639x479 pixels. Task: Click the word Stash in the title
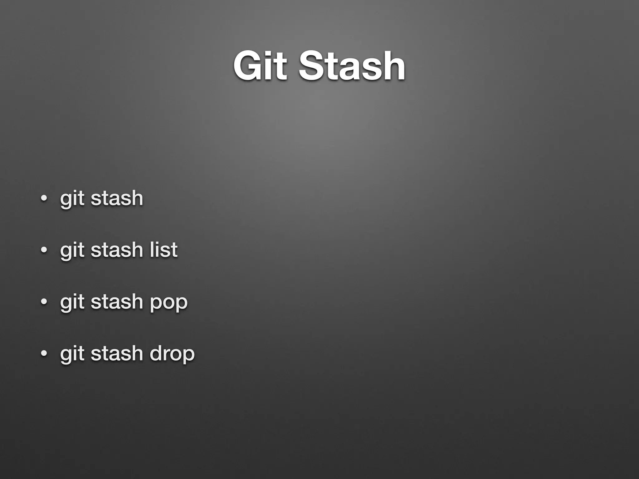[x=352, y=66]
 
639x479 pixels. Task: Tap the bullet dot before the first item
[x=44, y=198]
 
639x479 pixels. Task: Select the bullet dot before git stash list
[x=44, y=250]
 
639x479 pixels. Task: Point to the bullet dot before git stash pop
[x=44, y=302]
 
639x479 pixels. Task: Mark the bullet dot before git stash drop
[x=44, y=354]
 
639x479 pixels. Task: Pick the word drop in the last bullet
[x=172, y=354]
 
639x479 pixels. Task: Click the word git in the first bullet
[x=72, y=198]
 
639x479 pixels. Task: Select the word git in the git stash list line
[x=72, y=250]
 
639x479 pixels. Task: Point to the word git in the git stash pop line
[x=72, y=302]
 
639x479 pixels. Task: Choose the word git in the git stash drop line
[x=72, y=354]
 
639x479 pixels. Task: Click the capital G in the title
[x=248, y=66]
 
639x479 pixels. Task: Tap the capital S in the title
[x=311, y=66]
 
